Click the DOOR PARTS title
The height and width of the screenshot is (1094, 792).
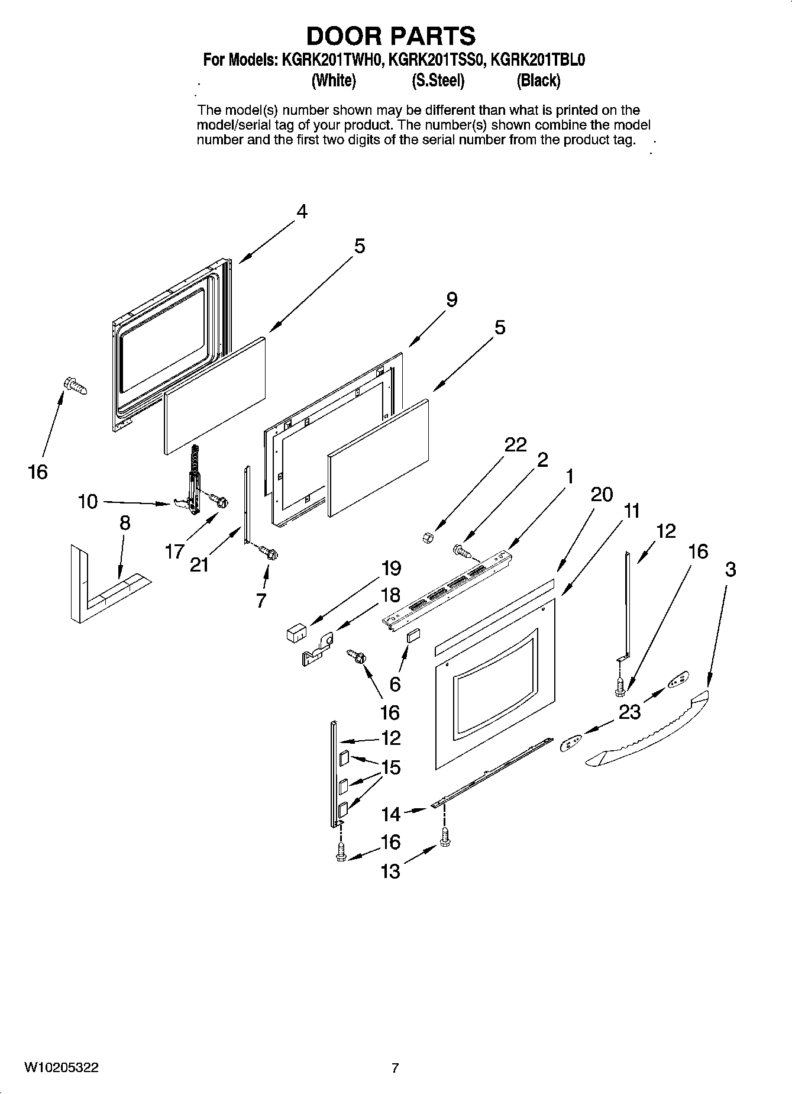[390, 36]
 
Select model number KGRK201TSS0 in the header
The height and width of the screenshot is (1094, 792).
[438, 60]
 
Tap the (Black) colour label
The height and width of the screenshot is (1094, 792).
[538, 80]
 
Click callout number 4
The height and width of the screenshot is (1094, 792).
[302, 211]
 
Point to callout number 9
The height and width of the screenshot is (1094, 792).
[451, 300]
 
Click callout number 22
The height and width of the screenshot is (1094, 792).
[515, 444]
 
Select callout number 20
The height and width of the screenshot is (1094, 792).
[602, 494]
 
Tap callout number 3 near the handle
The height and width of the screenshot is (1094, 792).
[730, 569]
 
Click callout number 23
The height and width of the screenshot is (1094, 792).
[629, 712]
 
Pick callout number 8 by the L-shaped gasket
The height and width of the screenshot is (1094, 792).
[125, 523]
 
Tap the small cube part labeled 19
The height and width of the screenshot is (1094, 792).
[295, 632]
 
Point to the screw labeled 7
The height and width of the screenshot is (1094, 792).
[269, 554]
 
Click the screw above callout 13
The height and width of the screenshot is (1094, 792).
[445, 836]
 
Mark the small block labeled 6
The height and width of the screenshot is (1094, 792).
[412, 635]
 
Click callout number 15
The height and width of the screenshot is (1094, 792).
[390, 767]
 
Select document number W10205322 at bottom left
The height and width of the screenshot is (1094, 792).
[62, 1067]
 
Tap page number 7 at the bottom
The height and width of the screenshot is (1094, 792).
[395, 1068]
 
